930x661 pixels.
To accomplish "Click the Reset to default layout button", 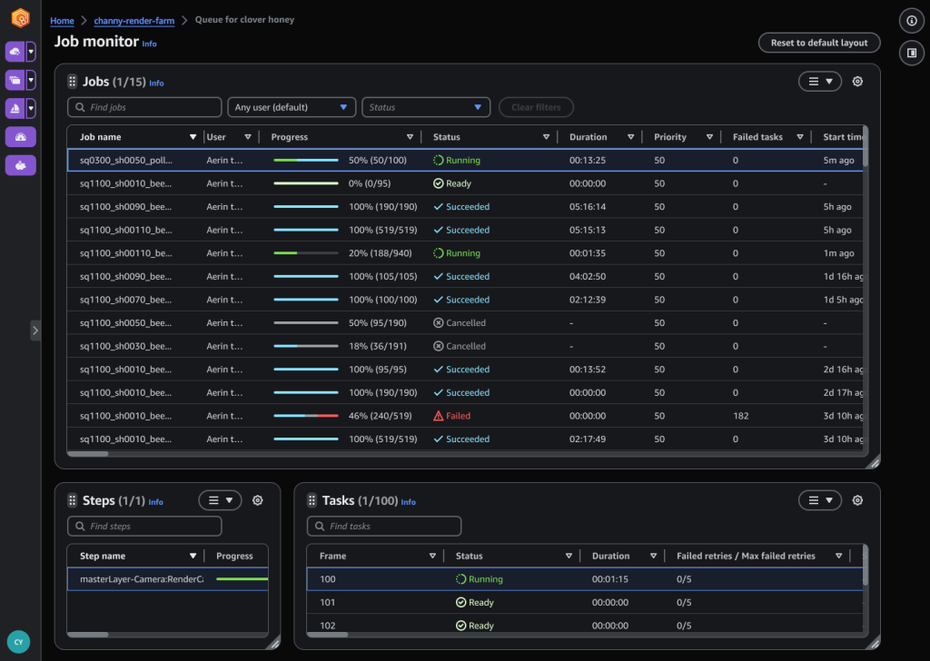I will tap(819, 43).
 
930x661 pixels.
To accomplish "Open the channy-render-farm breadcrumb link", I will tap(135, 20).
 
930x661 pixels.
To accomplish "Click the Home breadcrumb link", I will tap(62, 20).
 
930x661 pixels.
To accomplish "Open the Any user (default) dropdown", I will tap(292, 107).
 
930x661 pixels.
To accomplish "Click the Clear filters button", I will tap(536, 107).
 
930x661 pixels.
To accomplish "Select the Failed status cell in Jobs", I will tap(458, 416).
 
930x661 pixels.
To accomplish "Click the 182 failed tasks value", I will tap(740, 416).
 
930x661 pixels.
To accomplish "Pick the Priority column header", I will tap(670, 137).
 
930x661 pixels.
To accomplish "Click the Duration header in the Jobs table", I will tap(588, 137).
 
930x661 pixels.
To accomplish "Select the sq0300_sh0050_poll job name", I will tap(125, 161).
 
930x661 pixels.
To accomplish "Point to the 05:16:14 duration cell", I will tap(588, 207).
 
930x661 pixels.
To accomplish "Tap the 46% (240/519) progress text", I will tap(382, 416).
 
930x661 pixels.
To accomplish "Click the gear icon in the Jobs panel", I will tap(857, 82).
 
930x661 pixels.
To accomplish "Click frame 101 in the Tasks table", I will tap(328, 603).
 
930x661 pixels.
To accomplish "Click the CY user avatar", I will tap(18, 642).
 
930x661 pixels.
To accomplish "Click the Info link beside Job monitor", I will tap(150, 44).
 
